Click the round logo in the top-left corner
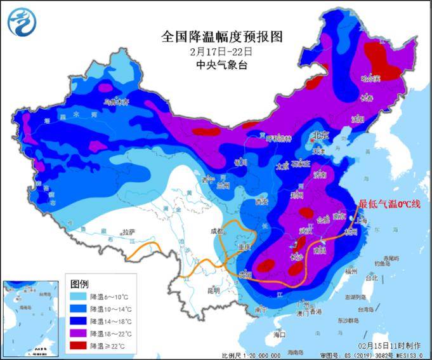tap(21, 21)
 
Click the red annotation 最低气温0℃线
tap(389, 204)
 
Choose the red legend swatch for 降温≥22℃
tap(77, 345)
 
